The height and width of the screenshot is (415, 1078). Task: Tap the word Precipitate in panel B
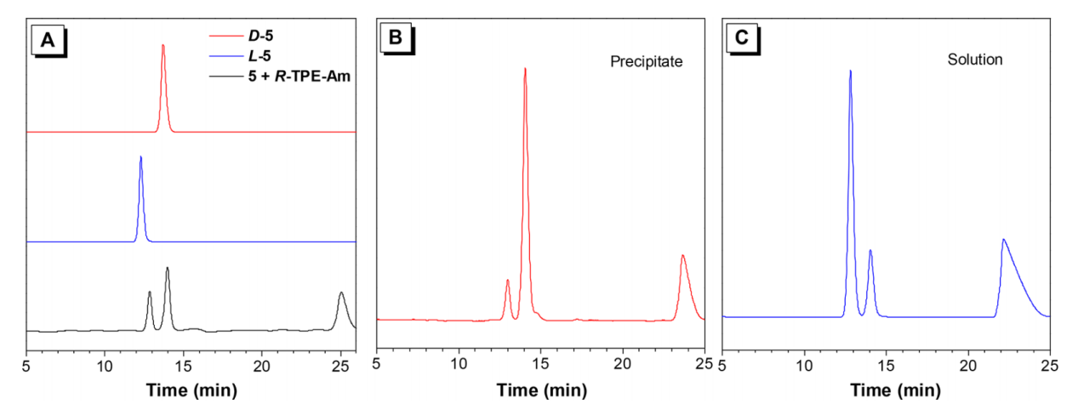click(647, 61)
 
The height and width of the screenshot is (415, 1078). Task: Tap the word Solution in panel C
click(975, 60)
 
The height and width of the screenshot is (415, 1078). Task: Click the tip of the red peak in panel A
click(163, 45)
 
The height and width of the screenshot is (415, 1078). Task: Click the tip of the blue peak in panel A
click(140, 157)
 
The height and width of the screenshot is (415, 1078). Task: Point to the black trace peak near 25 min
click(341, 293)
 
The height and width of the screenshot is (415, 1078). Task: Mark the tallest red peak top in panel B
click(525, 69)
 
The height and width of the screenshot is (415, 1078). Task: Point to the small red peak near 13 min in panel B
click(508, 280)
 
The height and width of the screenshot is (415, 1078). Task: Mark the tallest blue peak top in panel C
click(850, 71)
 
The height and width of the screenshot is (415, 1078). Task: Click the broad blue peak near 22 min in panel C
click(1004, 241)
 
